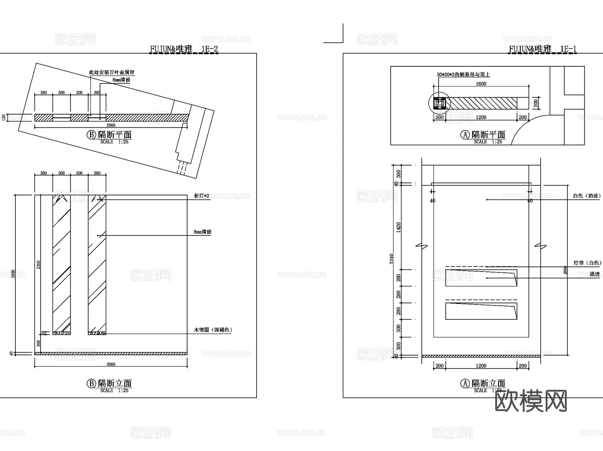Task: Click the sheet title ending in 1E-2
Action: (184, 49)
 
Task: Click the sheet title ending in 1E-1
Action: (543, 49)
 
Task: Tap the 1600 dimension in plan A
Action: (481, 84)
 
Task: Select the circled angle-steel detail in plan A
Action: (440, 103)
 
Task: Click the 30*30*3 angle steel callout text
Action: (463, 75)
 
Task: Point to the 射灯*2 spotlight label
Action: (201, 196)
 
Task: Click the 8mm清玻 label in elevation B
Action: (202, 232)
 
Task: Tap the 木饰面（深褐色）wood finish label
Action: (213, 330)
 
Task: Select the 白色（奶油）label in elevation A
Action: (587, 196)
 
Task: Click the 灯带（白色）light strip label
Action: (587, 263)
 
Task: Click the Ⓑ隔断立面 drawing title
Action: (110, 383)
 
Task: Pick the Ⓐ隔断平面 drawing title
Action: (483, 135)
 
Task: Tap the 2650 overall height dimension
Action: (13, 274)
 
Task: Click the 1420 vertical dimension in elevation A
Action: (398, 227)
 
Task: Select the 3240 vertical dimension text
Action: (392, 259)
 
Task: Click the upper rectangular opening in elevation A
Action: (481, 278)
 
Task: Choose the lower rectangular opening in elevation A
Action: (481, 311)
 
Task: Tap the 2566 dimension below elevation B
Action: (111, 364)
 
